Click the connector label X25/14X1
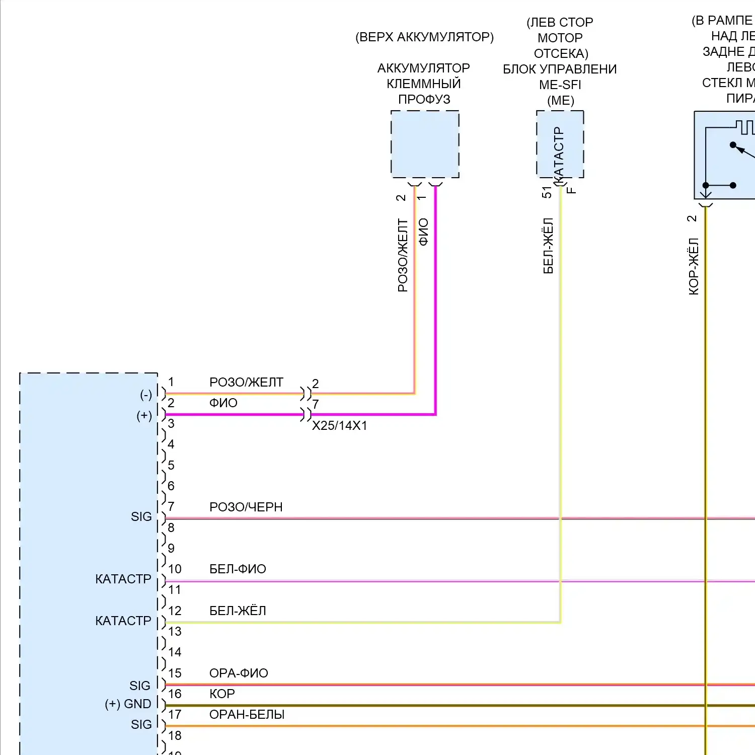[x=340, y=426]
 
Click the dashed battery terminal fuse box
[x=425, y=144]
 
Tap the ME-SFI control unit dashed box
[x=560, y=144]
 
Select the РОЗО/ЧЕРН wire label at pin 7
[x=246, y=507]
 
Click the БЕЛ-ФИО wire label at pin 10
[x=238, y=569]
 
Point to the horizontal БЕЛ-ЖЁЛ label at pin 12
[x=238, y=611]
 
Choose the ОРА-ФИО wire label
[x=239, y=673]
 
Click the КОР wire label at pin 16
[x=222, y=694]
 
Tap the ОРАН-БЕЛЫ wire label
[x=247, y=714]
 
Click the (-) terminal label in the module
[x=146, y=395]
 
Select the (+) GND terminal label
[x=128, y=704]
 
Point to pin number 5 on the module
[x=171, y=465]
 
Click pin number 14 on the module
[x=175, y=652]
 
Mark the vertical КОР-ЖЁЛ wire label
[x=694, y=266]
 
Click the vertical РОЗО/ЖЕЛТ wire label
[x=403, y=255]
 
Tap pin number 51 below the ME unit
[x=547, y=192]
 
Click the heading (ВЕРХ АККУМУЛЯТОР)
[x=424, y=37]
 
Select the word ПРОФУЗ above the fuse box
[x=424, y=99]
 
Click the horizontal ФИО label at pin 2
[x=223, y=403]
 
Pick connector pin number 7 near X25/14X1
[x=316, y=404]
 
